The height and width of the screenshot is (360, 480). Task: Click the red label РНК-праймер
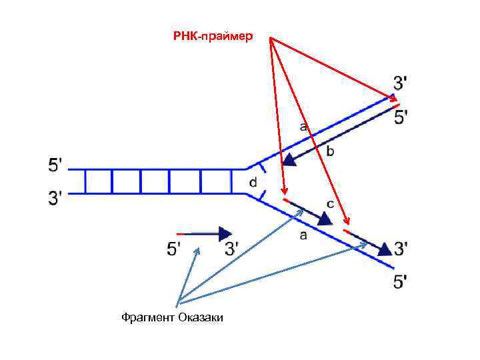tap(213, 36)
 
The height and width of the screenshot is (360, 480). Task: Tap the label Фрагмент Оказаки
tap(172, 317)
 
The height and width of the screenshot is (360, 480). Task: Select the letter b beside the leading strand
tap(330, 152)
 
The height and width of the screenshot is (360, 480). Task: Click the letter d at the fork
tap(253, 181)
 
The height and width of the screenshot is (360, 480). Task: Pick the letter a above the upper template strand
tap(303, 125)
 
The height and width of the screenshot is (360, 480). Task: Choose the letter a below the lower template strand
tap(303, 235)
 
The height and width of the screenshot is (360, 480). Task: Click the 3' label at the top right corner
tap(401, 83)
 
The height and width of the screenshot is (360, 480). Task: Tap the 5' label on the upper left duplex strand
tap(57, 165)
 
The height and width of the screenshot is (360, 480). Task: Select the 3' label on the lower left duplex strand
tap(57, 197)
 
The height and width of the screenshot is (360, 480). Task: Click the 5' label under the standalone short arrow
tap(173, 249)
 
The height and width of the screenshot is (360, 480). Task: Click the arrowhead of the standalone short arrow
tap(225, 233)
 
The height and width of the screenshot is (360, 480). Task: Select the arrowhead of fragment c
tap(325, 218)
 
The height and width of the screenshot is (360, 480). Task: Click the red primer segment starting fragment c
tap(287, 201)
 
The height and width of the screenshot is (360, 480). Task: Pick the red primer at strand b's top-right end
tap(395, 104)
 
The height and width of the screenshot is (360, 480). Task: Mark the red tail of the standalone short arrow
tap(179, 233)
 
